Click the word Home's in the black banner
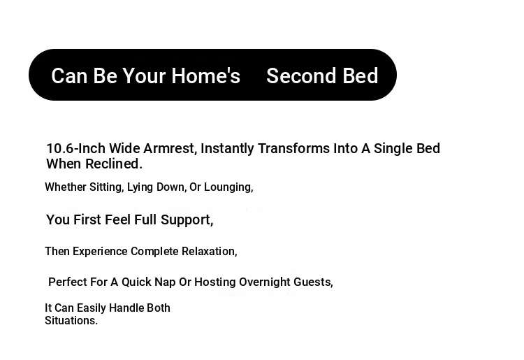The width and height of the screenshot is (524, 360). (x=206, y=75)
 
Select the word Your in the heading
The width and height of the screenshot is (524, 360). (x=144, y=76)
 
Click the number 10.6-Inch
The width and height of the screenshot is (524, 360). (x=76, y=148)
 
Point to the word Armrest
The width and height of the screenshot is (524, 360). (x=170, y=149)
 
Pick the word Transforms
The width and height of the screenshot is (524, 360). (x=293, y=148)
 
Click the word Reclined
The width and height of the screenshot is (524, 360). (x=114, y=164)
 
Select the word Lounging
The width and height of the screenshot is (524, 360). (x=228, y=187)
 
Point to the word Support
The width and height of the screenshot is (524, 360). (x=187, y=220)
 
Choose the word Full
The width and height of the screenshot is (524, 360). (x=145, y=219)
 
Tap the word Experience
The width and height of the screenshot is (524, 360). (x=100, y=252)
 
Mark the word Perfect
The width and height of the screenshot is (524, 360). (x=68, y=282)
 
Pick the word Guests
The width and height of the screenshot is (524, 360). (x=313, y=282)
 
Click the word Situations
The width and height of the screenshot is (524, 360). (x=71, y=321)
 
